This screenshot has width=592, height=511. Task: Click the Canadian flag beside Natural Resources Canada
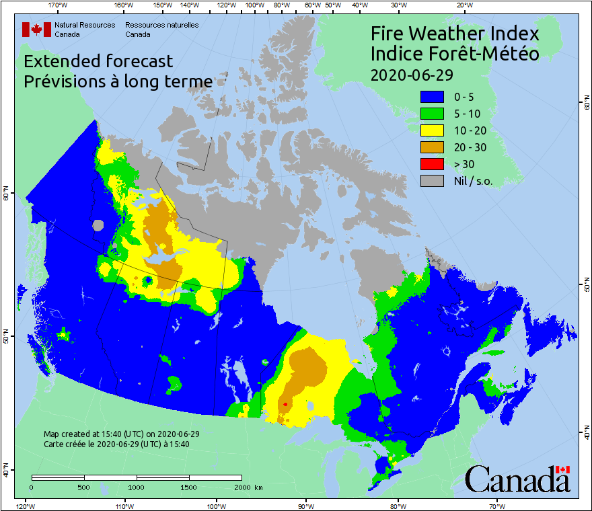[36, 29]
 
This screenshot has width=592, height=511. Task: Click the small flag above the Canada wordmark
[562, 469]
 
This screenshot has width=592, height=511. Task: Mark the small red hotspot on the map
[285, 404]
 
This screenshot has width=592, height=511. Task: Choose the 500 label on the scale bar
[84, 487]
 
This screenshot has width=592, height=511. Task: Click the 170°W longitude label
[59, 5]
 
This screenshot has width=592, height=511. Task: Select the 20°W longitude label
[463, 5]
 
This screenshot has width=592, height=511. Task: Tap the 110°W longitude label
[123, 506]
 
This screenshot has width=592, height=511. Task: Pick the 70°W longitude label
[496, 506]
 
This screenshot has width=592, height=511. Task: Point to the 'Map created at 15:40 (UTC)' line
[121, 434]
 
